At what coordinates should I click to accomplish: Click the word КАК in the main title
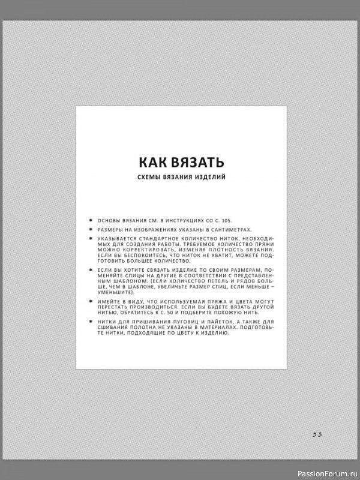click(153, 163)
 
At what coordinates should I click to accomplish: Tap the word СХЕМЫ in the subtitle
click(151, 178)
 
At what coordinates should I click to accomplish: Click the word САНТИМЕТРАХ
click(230, 230)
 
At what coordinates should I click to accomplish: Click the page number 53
click(317, 434)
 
